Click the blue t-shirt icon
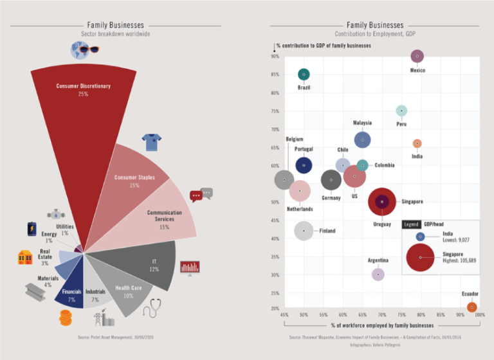[x=151, y=141]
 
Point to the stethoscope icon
[x=152, y=308]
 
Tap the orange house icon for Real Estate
[x=25, y=257]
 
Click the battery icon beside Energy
[x=32, y=230]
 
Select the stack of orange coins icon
[x=66, y=318]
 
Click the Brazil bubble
[x=304, y=75]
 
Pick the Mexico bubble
[x=417, y=57]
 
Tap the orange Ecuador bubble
[x=471, y=307]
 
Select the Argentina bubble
[x=378, y=274]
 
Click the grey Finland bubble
[x=304, y=231]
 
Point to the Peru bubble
[x=401, y=111]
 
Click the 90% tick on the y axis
[x=275, y=57]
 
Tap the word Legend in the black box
[x=411, y=224]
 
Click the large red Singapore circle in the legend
[x=420, y=257]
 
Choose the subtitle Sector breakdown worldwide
[x=116, y=33]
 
